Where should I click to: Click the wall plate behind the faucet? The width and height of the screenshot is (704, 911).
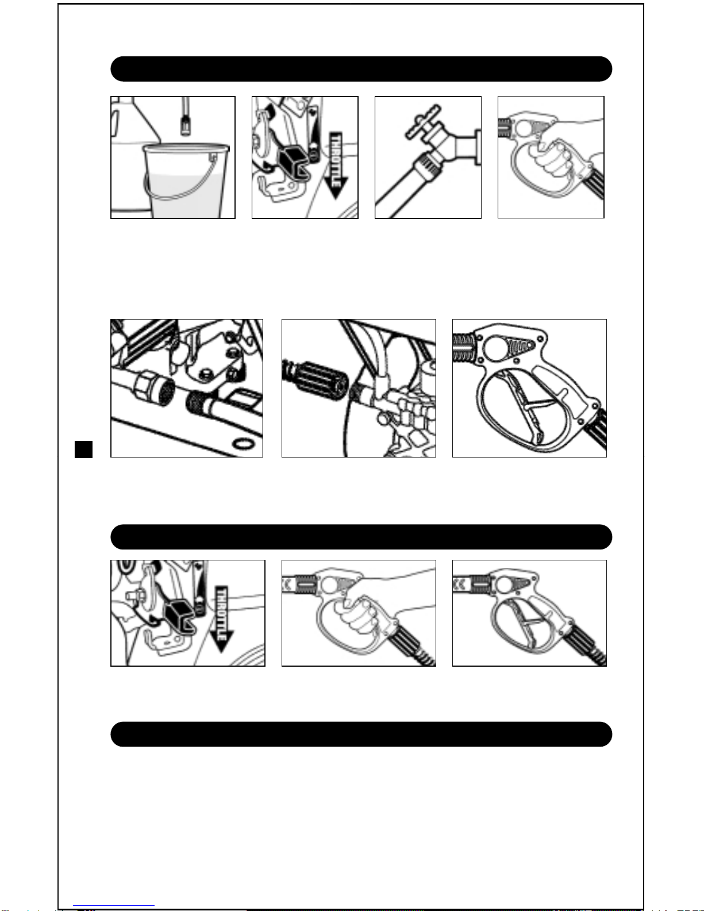tap(478, 147)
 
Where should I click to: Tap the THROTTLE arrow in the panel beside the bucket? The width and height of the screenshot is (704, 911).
tap(336, 166)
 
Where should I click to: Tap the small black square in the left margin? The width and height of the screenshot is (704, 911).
tap(83, 449)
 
